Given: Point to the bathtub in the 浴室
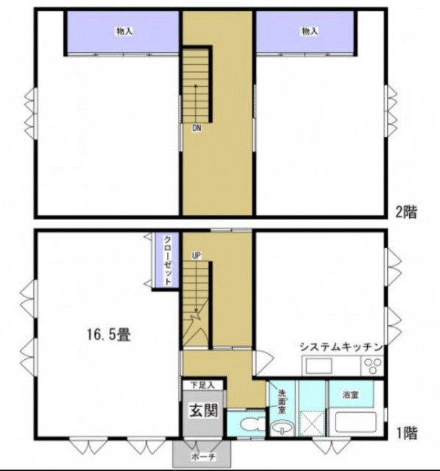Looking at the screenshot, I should click(355, 425).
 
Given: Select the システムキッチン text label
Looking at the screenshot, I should click(340, 347).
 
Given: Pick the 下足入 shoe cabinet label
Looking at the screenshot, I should click(202, 385).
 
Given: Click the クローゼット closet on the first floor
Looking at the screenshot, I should click(167, 261).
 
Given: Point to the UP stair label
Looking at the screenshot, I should click(196, 255).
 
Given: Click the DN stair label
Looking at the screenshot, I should click(196, 129).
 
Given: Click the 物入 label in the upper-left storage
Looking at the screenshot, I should click(124, 31).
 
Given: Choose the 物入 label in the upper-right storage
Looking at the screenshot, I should click(309, 31).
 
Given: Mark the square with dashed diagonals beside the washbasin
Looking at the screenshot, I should click(313, 428).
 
